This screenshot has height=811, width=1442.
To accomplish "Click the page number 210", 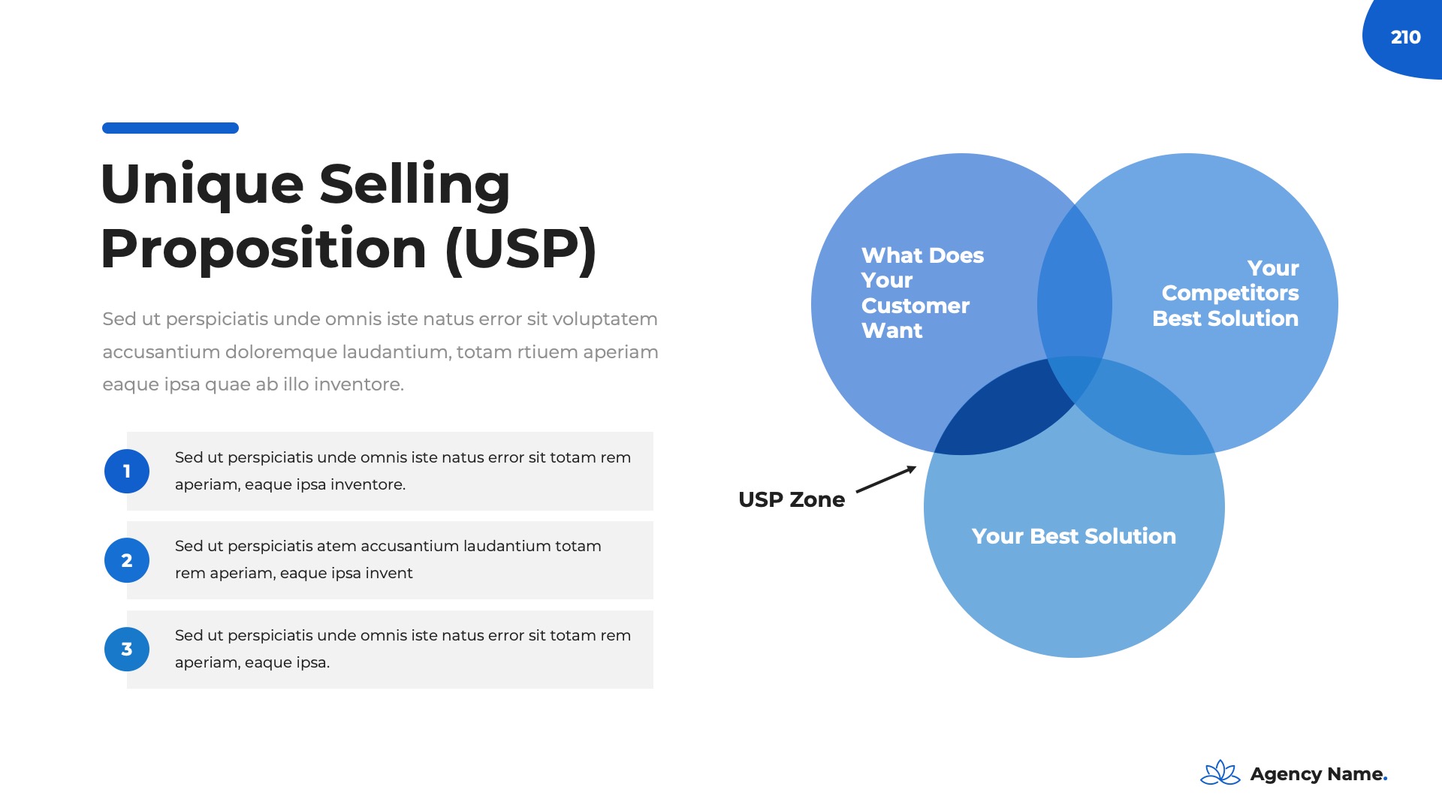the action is pyautogui.click(x=1405, y=37).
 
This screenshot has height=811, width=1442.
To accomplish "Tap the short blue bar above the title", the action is pyautogui.click(x=170, y=128).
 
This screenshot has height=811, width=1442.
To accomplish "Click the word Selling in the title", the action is pyautogui.click(x=415, y=185).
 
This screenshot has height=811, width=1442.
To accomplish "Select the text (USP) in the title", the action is pyautogui.click(x=521, y=249).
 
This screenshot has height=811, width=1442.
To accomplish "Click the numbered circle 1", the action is pyautogui.click(x=127, y=471).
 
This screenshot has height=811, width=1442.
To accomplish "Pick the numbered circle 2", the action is pyautogui.click(x=127, y=560).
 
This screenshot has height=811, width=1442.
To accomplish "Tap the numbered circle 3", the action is pyautogui.click(x=127, y=650).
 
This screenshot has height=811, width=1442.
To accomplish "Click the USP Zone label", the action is pyautogui.click(x=792, y=499).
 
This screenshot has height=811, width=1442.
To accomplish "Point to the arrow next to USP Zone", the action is pyautogui.click(x=886, y=479).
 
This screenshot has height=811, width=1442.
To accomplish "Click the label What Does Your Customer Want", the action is pyautogui.click(x=922, y=293).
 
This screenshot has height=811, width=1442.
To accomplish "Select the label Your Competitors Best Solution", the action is pyautogui.click(x=1226, y=293).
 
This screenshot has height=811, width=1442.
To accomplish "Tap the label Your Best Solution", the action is pyautogui.click(x=1074, y=536).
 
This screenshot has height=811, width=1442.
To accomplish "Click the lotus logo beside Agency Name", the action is pyautogui.click(x=1220, y=773).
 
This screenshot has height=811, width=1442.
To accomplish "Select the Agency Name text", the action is pyautogui.click(x=1319, y=774).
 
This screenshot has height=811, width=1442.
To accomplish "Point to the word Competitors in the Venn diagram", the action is pyautogui.click(x=1230, y=294).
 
